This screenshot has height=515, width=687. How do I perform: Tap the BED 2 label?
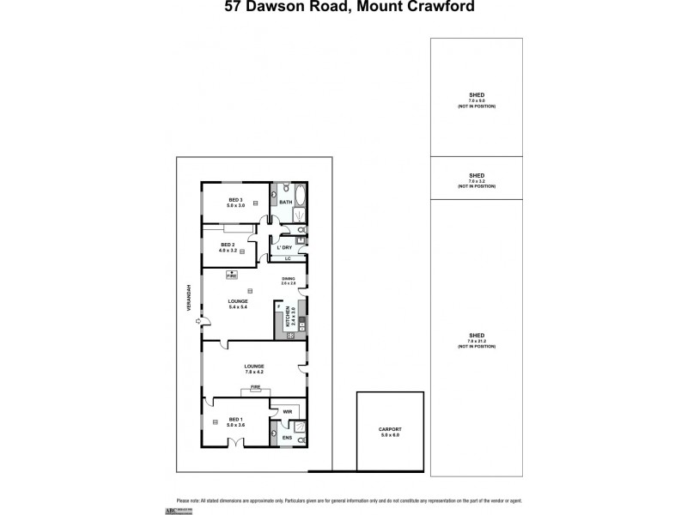click(x=228, y=245)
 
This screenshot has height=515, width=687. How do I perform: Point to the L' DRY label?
click(x=283, y=247)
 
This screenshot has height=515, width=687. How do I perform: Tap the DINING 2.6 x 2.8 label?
click(x=289, y=281)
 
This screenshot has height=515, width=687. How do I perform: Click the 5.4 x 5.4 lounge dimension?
click(x=238, y=307)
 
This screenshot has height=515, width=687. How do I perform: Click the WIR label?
click(x=287, y=412)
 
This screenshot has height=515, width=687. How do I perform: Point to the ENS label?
click(x=286, y=439)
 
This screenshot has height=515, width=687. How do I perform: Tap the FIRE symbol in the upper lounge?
click(x=231, y=275)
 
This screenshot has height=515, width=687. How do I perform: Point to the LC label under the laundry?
click(x=288, y=258)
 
